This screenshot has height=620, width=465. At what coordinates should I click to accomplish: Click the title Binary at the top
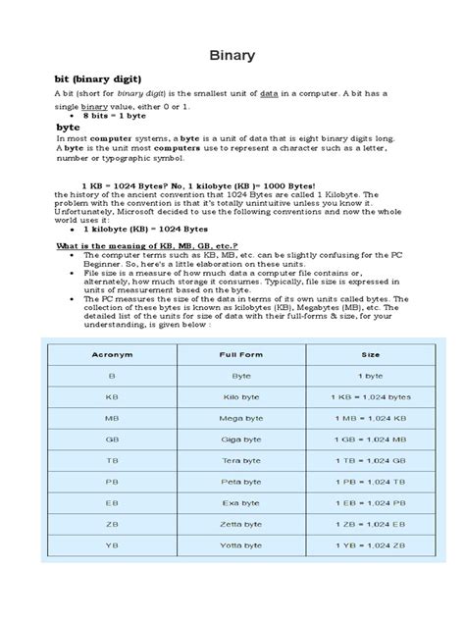(232, 56)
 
